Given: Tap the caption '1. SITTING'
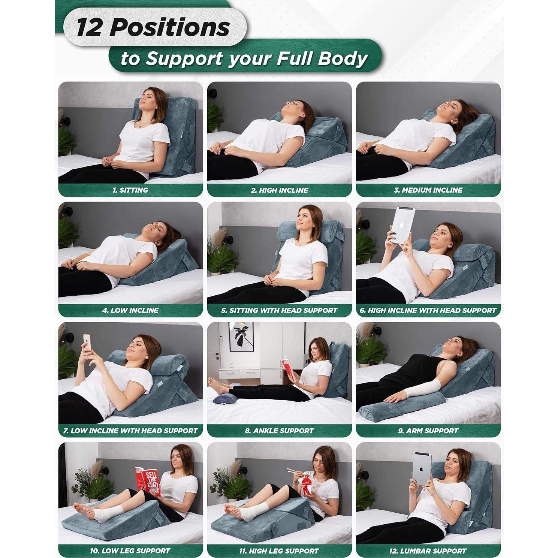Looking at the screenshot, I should (130, 190).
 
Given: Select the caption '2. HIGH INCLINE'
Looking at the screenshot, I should (279, 190).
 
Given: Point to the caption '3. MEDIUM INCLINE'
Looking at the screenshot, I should (428, 190).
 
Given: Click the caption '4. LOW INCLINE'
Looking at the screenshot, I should (130, 311).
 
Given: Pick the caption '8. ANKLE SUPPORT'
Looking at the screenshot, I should (279, 431).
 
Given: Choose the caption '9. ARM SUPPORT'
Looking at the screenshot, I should (428, 431).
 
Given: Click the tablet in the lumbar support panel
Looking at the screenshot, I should (422, 468).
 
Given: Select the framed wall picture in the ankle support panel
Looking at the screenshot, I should (241, 336).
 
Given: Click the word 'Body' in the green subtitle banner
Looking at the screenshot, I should (343, 59).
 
